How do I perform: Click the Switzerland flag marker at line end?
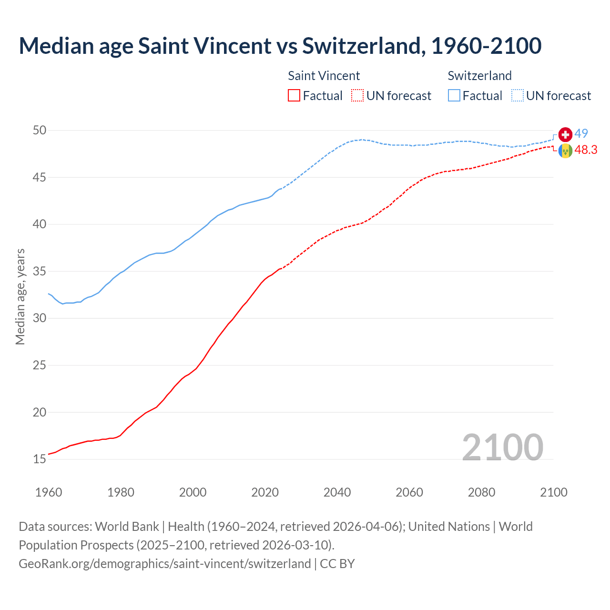565,134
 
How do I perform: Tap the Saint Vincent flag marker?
565,151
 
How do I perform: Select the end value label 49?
581,134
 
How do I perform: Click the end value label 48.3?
586,150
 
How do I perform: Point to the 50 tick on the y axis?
40,131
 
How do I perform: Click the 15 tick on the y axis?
40,459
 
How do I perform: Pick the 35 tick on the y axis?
40,272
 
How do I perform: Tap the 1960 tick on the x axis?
49,492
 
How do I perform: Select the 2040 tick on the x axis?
337,492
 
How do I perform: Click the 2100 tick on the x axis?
553,492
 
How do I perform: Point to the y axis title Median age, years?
20,296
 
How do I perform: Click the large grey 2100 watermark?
502,447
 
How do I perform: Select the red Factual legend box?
294,96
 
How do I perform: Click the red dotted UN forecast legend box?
357,96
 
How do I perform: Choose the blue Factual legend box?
454,96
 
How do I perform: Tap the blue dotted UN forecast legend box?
518,96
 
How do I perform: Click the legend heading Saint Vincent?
324,76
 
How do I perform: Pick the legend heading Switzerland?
479,76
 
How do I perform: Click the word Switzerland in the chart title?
362,46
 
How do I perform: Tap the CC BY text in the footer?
337,564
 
